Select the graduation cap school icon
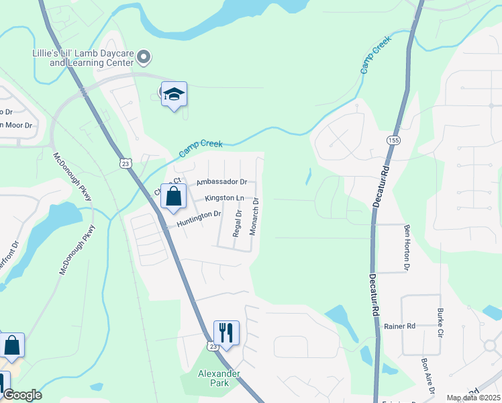click(174, 95)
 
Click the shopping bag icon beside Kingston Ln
click(174, 197)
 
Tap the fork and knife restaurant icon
click(226, 333)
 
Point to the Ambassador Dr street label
click(221, 182)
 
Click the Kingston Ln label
click(225, 198)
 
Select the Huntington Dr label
click(199, 218)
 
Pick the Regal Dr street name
click(237, 222)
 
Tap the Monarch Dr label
click(254, 216)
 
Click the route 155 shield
click(393, 140)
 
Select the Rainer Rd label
click(400, 326)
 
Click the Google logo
click(22, 395)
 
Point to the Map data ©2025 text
click(472, 398)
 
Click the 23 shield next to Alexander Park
click(212, 346)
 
